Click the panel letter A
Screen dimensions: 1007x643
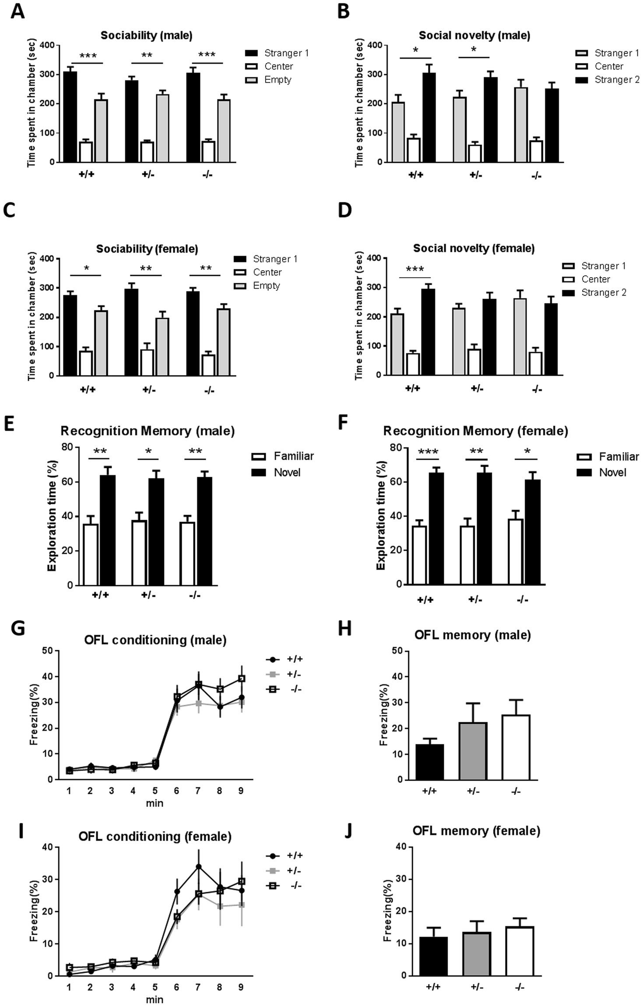[x=18, y=11]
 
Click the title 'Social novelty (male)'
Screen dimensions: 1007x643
[x=474, y=35]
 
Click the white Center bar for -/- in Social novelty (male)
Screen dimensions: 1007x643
[x=536, y=151]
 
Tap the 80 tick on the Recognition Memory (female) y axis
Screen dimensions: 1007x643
[x=395, y=447]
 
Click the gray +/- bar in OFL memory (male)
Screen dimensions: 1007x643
[x=473, y=751]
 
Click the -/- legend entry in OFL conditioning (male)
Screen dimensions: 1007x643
[x=285, y=689]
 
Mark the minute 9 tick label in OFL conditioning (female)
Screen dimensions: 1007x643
[x=241, y=987]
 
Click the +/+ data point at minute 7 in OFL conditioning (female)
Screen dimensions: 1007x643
[x=198, y=866]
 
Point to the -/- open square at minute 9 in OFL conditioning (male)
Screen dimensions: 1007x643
[x=241, y=678]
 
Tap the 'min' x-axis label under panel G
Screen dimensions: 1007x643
[x=155, y=803]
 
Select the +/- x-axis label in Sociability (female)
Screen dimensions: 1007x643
[x=149, y=389]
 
